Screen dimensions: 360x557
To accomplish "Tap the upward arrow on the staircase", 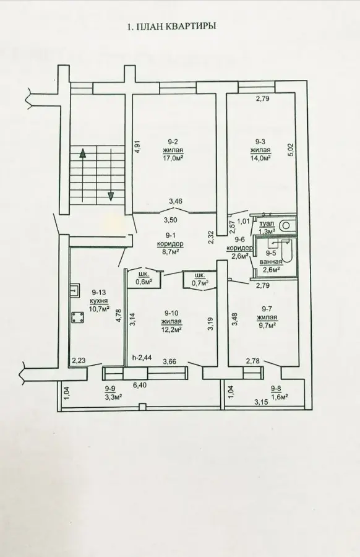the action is [82, 174].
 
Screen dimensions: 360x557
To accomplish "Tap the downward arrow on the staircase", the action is [111, 174].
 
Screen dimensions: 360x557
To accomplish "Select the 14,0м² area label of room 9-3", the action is [261, 158].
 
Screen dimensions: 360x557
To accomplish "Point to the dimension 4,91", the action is [138, 147].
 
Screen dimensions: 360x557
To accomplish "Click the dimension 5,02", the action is [291, 150].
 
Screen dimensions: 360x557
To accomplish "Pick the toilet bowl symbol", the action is [285, 226].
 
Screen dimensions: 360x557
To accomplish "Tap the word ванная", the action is [270, 262].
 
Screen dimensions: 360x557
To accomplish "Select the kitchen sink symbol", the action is [75, 291].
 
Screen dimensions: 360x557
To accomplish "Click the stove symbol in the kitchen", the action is [77, 317].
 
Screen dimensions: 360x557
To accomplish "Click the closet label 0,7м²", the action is [199, 283].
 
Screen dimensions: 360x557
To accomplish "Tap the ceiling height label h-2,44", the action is [142, 358].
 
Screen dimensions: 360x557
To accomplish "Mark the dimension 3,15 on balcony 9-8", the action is [261, 402].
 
